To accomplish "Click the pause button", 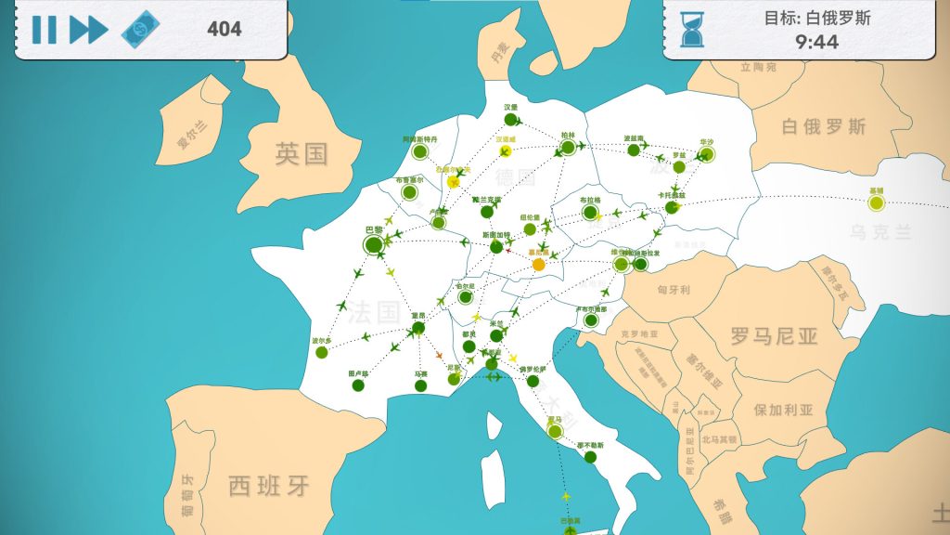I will (44, 30).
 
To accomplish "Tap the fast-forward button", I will (89, 30).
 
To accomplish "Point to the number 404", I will (225, 29).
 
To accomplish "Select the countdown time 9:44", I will (817, 42).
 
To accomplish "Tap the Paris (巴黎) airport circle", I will (374, 245).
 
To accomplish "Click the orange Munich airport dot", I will (539, 265).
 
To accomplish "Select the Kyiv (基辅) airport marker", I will (877, 202).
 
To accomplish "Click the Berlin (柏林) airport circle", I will (568, 147).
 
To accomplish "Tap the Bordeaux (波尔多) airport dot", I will (322, 352).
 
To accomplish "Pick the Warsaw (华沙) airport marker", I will (707, 155).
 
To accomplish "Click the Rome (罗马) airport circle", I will (555, 431).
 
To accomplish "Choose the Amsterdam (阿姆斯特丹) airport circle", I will (420, 151).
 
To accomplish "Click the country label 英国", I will (302, 154).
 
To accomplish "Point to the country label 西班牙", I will (269, 485).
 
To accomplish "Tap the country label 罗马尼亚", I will (774, 335).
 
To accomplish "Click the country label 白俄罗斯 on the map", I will (824, 125).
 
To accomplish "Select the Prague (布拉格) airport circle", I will (590, 212).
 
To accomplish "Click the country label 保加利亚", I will (783, 410).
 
